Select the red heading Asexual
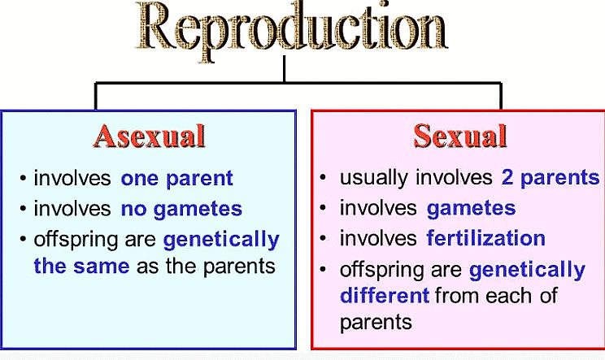click(149, 135)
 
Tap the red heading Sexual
click(460, 135)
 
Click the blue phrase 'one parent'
click(177, 179)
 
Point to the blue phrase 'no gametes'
click(181, 210)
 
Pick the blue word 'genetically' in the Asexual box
click(220, 241)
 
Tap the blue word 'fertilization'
click(485, 239)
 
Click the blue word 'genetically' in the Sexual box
click(526, 270)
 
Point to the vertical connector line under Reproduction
click(284, 68)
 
